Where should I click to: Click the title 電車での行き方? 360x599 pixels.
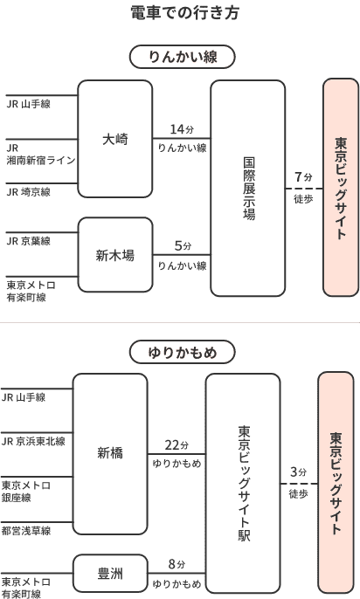(x=185, y=12)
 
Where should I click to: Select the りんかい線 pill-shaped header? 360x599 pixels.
(x=183, y=57)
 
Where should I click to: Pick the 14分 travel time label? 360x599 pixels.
(x=182, y=129)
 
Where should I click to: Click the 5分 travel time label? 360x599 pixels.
(x=183, y=245)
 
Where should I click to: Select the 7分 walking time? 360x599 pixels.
(x=303, y=177)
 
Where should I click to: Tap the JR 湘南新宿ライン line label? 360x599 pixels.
(x=41, y=154)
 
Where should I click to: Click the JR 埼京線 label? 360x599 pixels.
(x=28, y=192)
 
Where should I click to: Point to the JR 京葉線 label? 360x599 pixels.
(x=28, y=241)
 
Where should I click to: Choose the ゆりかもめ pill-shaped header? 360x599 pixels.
(x=182, y=352)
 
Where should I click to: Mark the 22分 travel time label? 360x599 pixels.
(x=177, y=445)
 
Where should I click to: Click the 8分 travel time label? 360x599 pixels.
(x=177, y=564)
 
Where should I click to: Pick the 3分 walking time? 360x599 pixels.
(x=299, y=472)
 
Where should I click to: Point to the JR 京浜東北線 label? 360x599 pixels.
(x=33, y=441)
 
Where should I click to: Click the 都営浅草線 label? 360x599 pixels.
(x=26, y=531)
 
